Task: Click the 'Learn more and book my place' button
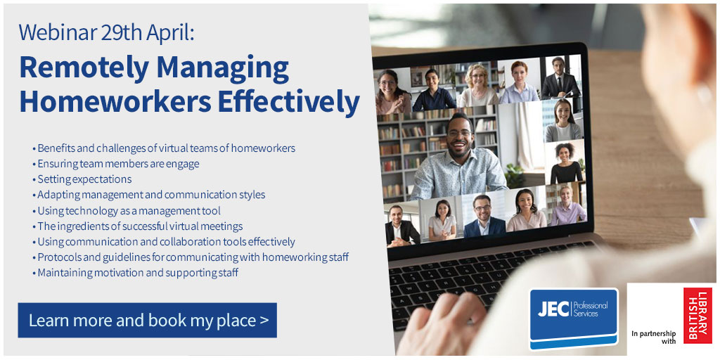coord(148,321)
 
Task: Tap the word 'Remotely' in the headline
coord(83,68)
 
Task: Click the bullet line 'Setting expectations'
coord(84,179)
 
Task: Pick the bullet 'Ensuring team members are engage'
coord(118,164)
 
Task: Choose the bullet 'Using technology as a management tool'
coord(129,210)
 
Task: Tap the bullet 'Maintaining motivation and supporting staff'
coord(138,272)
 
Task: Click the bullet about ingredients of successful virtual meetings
coord(140,226)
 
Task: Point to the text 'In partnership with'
coord(653,337)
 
